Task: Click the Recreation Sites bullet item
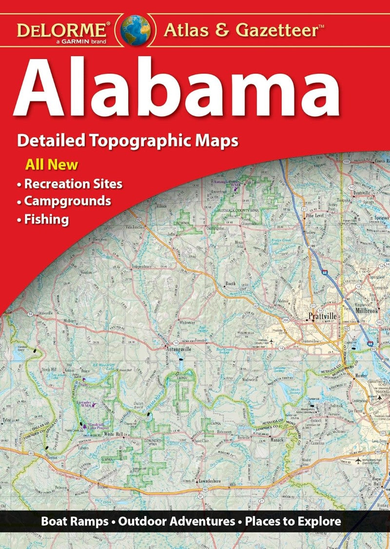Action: tap(73, 184)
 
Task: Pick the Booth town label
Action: tap(230, 284)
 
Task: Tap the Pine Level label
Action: tap(314, 214)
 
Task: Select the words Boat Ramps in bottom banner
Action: tap(74, 522)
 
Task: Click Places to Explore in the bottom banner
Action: tap(293, 522)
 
